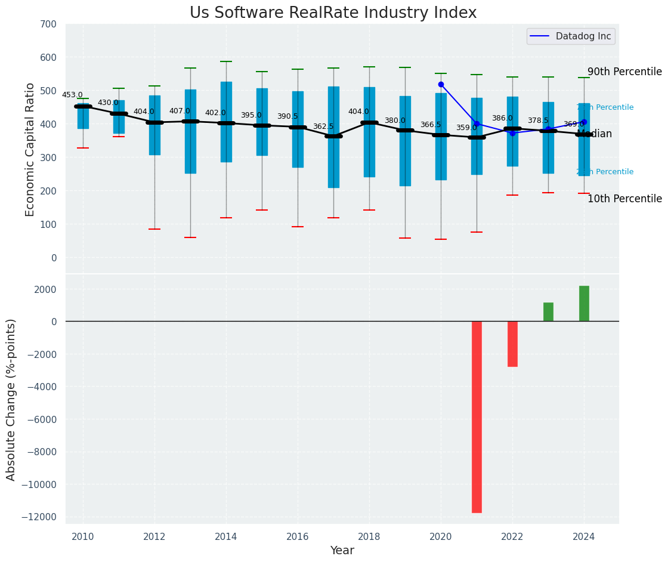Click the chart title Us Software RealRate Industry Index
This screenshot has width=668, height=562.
tap(333, 13)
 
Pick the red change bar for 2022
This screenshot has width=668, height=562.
tap(512, 344)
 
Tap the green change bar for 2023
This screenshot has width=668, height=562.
tap(548, 312)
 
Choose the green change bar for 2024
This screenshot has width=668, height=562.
tap(584, 304)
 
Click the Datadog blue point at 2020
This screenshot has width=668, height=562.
tap(441, 85)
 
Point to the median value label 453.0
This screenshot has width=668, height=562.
tap(72, 95)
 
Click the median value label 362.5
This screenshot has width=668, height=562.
tap(323, 126)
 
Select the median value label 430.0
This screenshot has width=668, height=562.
tap(108, 103)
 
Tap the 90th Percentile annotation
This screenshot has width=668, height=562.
tap(624, 72)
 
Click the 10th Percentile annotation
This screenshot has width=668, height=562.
tap(624, 199)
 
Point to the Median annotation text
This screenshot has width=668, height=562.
tap(595, 134)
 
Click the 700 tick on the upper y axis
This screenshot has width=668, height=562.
tap(48, 24)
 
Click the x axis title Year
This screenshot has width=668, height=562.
tap(342, 551)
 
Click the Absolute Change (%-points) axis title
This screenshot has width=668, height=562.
tap(11, 399)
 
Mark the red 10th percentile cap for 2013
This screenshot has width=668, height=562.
tap(190, 237)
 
